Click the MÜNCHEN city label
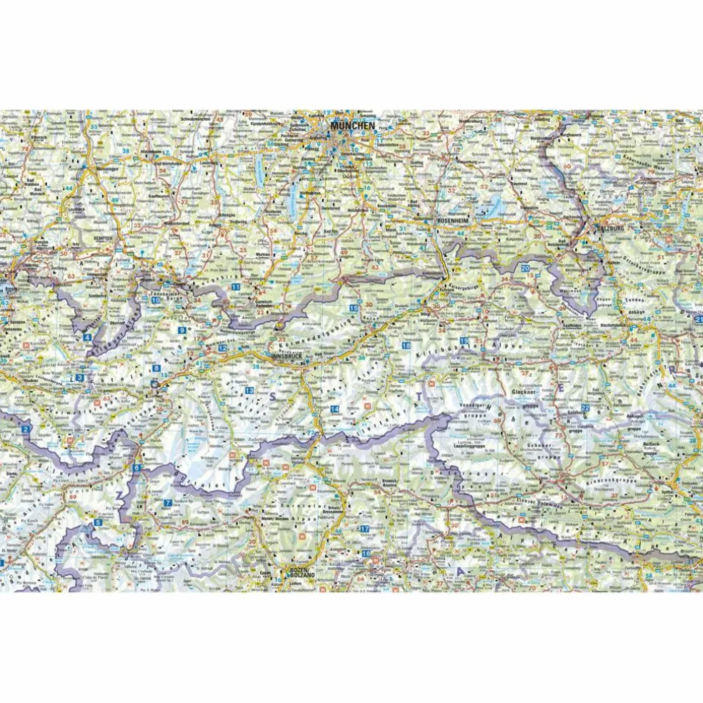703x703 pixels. [352, 126]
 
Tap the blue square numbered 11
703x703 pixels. [235, 286]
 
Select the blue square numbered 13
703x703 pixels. [249, 392]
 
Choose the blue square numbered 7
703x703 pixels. [166, 503]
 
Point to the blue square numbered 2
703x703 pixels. [26, 429]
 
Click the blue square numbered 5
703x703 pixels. [98, 522]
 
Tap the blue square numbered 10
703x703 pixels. [156, 300]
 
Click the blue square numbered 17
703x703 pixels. [364, 529]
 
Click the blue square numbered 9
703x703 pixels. [182, 330]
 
